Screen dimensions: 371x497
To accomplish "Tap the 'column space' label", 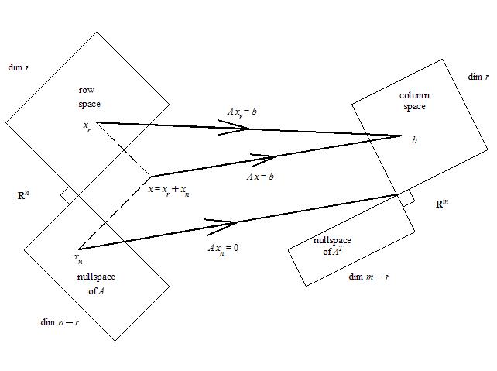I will tap(414, 101).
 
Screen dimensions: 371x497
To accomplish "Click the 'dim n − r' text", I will tap(60, 321).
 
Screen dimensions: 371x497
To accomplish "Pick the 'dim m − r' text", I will tap(368, 276).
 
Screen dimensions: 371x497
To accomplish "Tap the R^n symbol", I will tap(23, 195).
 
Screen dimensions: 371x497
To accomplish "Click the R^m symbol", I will tap(442, 204).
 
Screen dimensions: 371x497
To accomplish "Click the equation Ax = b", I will tap(261, 177).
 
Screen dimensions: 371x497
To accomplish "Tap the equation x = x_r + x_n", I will tap(168, 191).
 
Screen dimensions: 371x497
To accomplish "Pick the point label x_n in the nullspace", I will tap(77, 256).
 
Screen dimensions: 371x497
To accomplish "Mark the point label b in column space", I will tap(414, 140).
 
